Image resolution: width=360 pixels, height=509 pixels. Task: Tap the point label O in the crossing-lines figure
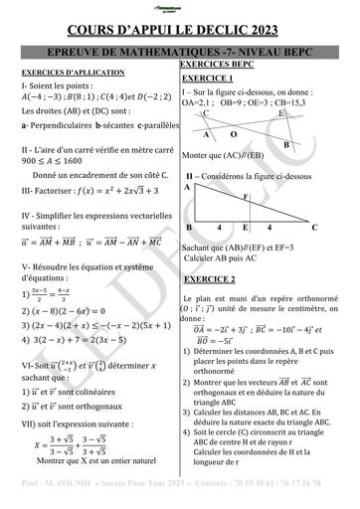click(234, 133)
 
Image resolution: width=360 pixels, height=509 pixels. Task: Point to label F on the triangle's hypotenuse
click(246, 197)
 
